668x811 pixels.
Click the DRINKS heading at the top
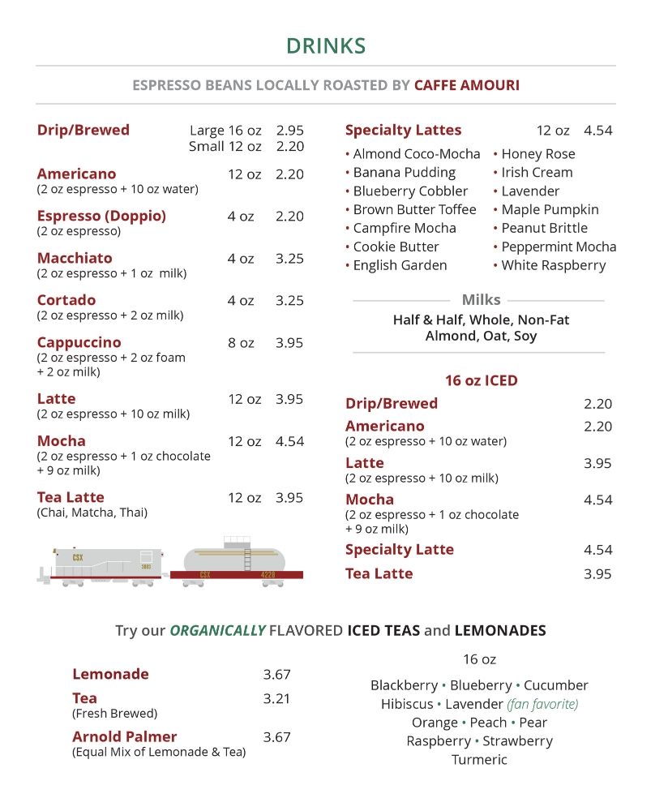326,46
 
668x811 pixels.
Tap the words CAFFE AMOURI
467,85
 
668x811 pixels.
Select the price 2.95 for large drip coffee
289,131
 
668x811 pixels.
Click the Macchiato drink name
75,258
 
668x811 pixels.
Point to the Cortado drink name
66,300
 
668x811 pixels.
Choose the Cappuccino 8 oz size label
241,343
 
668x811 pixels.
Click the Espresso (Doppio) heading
101,216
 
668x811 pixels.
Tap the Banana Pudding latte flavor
404,173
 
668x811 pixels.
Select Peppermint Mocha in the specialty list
559,247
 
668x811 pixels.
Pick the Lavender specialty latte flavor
530,191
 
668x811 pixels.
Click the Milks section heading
481,300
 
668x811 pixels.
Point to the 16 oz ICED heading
481,380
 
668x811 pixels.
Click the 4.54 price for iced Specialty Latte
597,550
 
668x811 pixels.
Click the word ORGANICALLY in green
216,630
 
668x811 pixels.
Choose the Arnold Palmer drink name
124,737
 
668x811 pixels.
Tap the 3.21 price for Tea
276,698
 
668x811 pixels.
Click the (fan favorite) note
542,704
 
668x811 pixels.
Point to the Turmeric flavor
479,760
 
